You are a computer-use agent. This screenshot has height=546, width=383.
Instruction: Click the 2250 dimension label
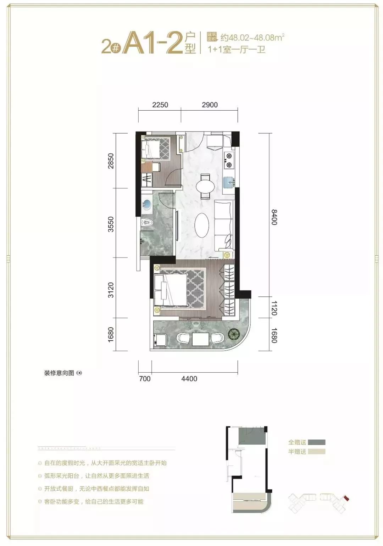[x=160, y=105]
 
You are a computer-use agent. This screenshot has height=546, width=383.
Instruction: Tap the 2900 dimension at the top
[x=210, y=105]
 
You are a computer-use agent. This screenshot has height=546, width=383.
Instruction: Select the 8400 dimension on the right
[x=274, y=217]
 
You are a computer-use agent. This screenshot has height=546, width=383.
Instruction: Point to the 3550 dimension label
[x=111, y=224]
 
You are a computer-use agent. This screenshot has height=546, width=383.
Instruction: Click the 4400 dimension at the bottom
[x=189, y=379]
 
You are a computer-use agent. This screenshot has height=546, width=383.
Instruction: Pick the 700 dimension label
[x=145, y=379]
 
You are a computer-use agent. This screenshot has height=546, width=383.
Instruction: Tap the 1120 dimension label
[x=274, y=308]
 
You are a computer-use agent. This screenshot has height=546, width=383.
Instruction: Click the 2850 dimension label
[x=111, y=161]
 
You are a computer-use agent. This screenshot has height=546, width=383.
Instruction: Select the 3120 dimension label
[x=111, y=290]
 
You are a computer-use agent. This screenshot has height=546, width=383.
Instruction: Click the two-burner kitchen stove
[x=229, y=160]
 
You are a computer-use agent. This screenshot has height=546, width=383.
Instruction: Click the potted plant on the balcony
[x=234, y=333]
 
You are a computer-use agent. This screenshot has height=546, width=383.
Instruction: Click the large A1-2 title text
[x=152, y=43]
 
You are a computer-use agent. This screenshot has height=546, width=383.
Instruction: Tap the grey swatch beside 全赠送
[x=316, y=442]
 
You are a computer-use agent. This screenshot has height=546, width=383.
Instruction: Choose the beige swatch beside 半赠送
[x=316, y=452]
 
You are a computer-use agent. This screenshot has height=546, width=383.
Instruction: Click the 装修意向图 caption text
[x=59, y=373]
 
